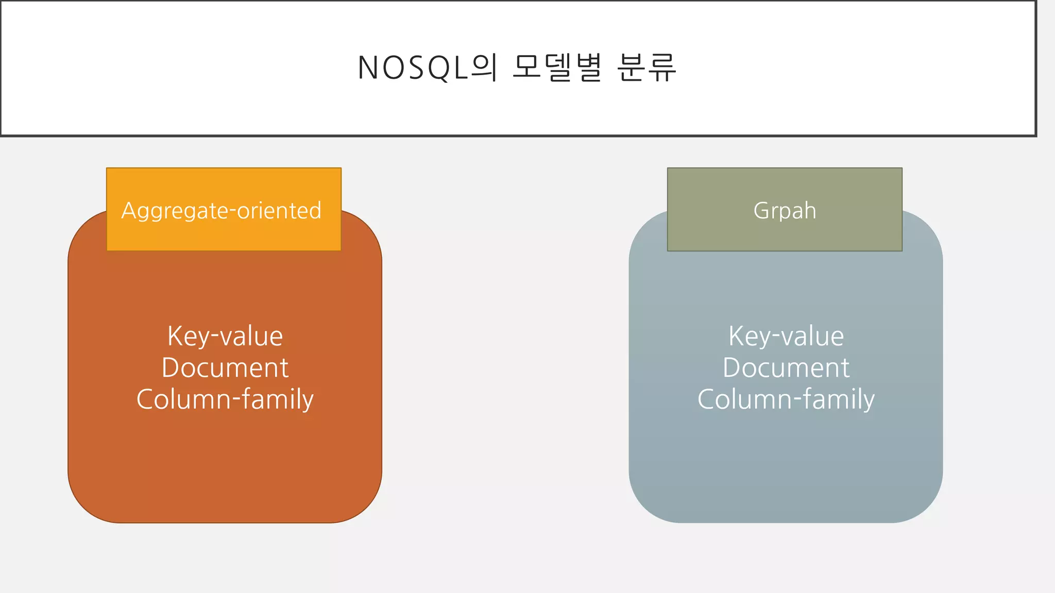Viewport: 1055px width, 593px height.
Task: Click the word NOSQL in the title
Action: [412, 68]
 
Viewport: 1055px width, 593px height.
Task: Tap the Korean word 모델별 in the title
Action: [557, 68]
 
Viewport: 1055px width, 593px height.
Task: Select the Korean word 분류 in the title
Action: [646, 68]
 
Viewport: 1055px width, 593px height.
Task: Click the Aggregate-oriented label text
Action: [222, 211]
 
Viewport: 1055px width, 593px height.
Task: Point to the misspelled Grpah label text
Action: [785, 211]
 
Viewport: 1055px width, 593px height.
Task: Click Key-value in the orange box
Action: [225, 337]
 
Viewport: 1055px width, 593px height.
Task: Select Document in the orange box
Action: [225, 368]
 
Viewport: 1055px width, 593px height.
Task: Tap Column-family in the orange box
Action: [225, 399]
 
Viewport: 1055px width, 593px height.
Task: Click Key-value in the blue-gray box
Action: [786, 337]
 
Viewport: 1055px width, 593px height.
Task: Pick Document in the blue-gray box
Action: [786, 368]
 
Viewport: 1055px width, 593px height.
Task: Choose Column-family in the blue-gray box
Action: [786, 399]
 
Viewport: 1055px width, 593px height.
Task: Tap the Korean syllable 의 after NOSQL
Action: [484, 68]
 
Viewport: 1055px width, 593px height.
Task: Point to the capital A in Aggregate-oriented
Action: [128, 211]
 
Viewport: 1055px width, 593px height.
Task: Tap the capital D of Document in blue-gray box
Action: [732, 368]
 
